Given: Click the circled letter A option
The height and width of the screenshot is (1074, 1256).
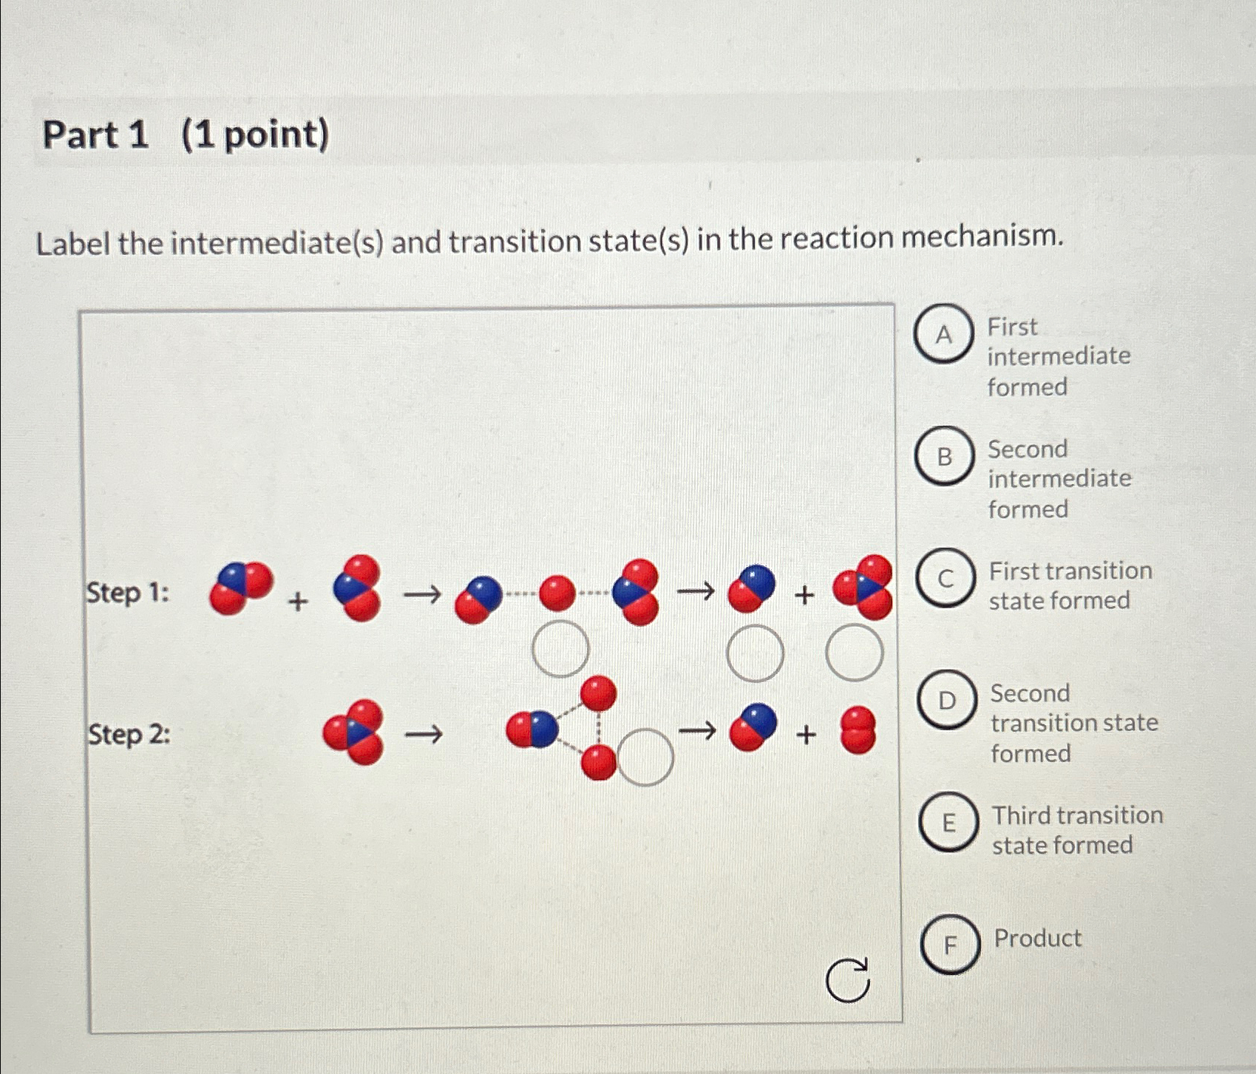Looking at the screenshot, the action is [x=943, y=334].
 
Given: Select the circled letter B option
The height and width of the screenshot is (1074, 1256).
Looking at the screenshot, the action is [x=944, y=457].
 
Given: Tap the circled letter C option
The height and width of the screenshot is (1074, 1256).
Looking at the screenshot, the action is [x=946, y=579].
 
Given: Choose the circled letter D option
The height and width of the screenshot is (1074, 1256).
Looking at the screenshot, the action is [x=947, y=700].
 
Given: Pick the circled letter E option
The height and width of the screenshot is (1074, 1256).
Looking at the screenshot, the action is [x=948, y=822].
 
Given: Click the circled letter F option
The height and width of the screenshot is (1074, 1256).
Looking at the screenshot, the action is [x=951, y=944].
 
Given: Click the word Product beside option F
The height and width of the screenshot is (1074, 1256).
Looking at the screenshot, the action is [x=1037, y=938].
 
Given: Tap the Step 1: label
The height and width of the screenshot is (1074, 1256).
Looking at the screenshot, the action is [x=128, y=593].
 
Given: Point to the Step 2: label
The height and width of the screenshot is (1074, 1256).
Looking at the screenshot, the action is [x=129, y=735].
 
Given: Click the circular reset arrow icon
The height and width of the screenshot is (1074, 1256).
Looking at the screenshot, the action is [x=848, y=980].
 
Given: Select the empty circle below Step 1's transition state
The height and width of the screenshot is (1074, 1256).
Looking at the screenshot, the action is [x=560, y=649].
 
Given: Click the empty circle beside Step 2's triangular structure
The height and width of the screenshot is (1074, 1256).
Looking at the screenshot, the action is [x=645, y=757].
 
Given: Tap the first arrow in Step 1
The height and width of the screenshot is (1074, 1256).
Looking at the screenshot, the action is [x=423, y=594].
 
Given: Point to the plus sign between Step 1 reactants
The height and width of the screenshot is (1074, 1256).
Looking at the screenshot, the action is [x=298, y=602].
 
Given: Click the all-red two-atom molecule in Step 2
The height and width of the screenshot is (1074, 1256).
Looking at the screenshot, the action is [x=858, y=730].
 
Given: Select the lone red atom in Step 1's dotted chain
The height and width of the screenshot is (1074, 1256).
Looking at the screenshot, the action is [x=557, y=594].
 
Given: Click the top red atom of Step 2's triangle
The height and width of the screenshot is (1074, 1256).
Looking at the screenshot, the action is [x=598, y=693].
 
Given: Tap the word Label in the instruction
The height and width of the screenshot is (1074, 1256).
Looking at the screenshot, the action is [x=72, y=244].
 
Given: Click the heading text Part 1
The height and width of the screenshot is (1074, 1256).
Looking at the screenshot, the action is [x=95, y=135].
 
